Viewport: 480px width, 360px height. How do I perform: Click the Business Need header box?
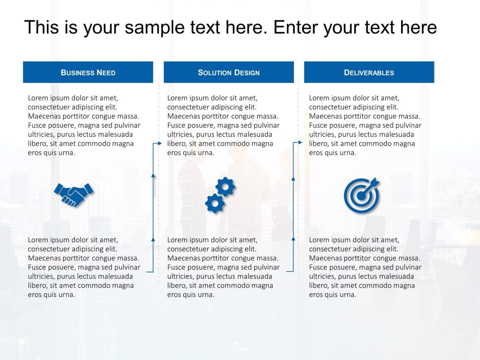[x=88, y=72]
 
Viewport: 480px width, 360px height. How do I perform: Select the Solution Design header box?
[x=229, y=72]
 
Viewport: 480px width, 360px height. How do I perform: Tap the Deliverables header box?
[x=369, y=72]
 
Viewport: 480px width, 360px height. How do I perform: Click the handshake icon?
[x=74, y=194]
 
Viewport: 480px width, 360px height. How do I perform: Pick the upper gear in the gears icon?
[x=225, y=187]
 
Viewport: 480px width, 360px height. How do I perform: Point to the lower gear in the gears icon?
[x=215, y=203]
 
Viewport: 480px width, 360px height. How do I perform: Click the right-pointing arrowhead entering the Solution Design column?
[x=160, y=143]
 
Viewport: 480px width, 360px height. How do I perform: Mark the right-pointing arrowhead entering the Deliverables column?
[x=300, y=142]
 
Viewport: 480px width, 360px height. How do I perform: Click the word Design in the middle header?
[x=244, y=73]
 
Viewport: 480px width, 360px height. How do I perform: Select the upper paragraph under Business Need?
[x=84, y=125]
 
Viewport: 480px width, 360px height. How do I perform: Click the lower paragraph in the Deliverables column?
[x=365, y=267]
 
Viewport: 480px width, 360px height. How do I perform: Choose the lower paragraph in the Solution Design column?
[x=223, y=267]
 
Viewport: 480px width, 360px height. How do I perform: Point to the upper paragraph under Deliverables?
[x=365, y=125]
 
